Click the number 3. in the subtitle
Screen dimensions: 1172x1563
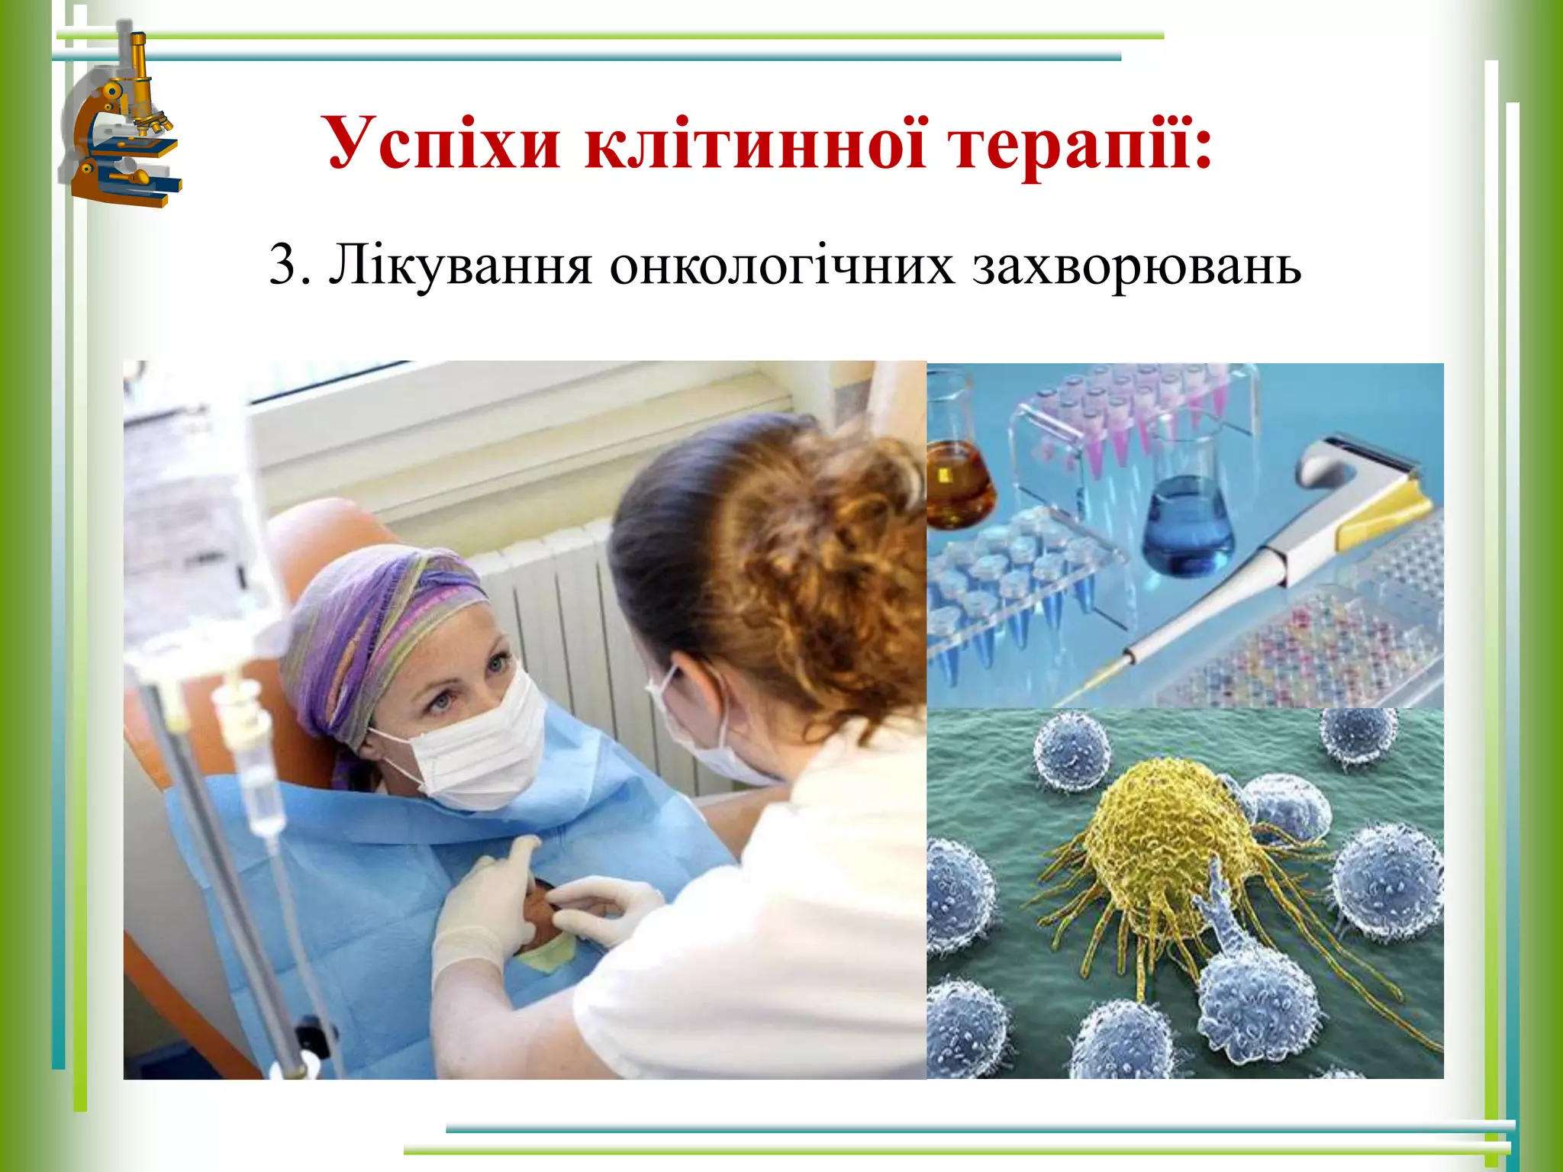(x=290, y=266)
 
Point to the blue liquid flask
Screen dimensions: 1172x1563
(x=1188, y=526)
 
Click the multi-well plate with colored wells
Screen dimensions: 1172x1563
(x=1313, y=649)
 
